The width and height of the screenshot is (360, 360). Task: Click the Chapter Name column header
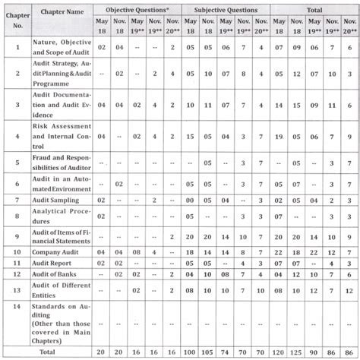pyautogui.click(x=62, y=11)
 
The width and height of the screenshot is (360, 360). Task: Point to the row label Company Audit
pyautogui.click(x=58, y=251)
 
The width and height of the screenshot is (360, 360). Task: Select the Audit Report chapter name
pyautogui.click(x=56, y=263)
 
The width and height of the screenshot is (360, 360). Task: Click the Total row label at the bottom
pyautogui.click(x=47, y=352)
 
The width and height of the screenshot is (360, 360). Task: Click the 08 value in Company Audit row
pyautogui.click(x=137, y=251)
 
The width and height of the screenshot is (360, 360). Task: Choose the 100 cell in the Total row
pyautogui.click(x=190, y=352)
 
